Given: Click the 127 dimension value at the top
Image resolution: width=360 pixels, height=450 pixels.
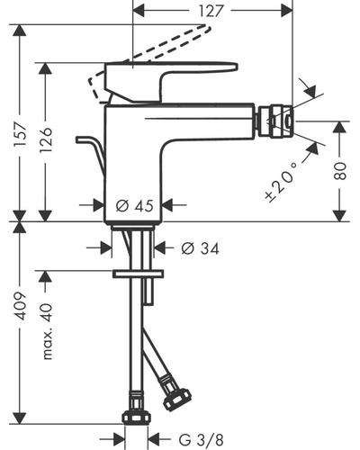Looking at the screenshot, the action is click(x=211, y=11).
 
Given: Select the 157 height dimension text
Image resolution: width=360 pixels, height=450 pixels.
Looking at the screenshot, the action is click(x=21, y=134).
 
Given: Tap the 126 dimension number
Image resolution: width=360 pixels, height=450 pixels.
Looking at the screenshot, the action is click(x=46, y=140).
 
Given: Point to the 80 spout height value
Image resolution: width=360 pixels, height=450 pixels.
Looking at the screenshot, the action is click(x=340, y=171).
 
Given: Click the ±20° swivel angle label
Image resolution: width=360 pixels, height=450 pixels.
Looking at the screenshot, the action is click(x=281, y=182).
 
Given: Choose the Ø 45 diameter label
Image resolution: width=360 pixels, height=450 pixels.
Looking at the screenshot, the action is click(x=134, y=206).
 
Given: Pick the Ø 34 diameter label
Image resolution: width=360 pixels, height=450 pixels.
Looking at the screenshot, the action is click(x=201, y=248).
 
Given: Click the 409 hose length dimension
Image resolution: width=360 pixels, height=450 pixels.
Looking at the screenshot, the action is click(x=21, y=306).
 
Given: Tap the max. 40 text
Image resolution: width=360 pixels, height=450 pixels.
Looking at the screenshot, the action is click(x=48, y=331).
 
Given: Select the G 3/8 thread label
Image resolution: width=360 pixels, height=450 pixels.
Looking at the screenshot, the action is click(x=202, y=440).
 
